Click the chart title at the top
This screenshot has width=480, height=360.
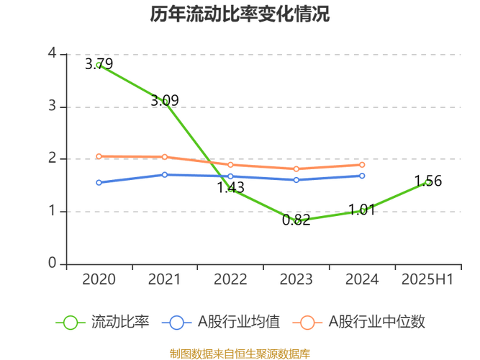pos(240,14)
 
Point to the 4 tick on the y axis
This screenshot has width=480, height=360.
pos(51,53)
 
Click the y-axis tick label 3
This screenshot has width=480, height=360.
pos(51,106)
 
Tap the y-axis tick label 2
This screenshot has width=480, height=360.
pos(51,158)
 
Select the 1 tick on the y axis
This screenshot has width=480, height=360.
pos(51,211)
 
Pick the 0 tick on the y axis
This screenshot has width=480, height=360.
pos(51,263)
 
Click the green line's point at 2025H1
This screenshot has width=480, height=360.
pos(427,182)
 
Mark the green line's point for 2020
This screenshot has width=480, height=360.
pos(99,66)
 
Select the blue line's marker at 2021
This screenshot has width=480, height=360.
pos(164,174)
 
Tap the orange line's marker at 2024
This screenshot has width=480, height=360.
pos(362,165)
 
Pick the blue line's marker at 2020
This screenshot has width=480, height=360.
pos(99,183)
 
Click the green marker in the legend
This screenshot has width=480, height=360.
pos(71,323)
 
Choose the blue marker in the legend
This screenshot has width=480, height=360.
pos(178,323)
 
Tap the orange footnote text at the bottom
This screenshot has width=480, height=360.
pos(240,353)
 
